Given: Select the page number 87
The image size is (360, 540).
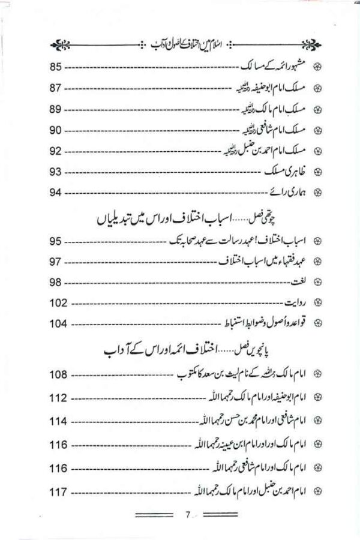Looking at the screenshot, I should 56,89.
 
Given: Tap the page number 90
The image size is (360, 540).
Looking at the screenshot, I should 56,130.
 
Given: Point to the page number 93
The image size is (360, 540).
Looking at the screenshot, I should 56,172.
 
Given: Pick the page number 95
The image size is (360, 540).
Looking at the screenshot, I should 56,241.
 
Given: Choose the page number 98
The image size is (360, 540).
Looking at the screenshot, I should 56,283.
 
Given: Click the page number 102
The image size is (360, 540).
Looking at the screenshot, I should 58,303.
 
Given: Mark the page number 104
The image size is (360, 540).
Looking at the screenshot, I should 58,324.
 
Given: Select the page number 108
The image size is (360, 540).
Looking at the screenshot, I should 58,376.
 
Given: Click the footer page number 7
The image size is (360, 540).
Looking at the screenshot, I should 187,514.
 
